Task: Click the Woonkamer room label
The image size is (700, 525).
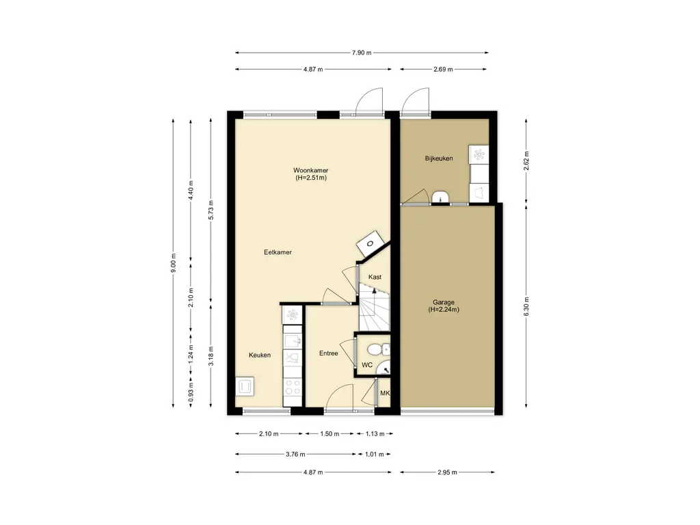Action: [311, 170]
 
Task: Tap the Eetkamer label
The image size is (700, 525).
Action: [278, 252]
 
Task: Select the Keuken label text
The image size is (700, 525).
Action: [260, 355]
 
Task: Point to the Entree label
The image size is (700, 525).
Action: [329, 353]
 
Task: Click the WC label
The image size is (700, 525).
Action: [367, 365]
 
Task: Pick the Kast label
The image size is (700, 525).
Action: [375, 277]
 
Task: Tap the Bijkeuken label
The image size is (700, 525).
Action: [439, 158]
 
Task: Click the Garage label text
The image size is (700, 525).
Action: [443, 302]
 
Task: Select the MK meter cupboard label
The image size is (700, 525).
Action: [385, 393]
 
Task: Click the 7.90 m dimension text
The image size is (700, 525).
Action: [362, 53]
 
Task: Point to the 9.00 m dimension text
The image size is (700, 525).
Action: [174, 263]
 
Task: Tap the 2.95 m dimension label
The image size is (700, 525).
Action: [447, 472]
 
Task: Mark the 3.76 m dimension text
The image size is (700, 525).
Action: [295, 455]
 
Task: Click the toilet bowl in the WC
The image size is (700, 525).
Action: [375, 349]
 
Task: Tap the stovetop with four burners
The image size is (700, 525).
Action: [293, 387]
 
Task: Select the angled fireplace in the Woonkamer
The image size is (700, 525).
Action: [371, 243]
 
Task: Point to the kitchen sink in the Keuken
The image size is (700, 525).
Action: [293, 341]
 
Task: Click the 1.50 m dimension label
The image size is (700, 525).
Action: [329, 433]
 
